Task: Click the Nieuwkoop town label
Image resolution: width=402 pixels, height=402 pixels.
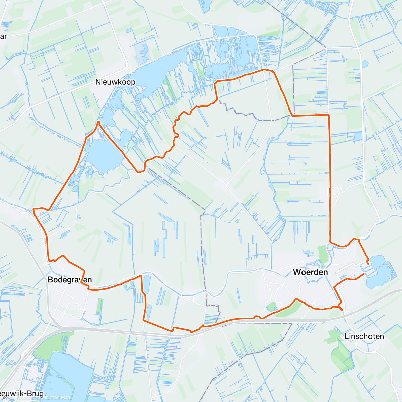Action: tap(115, 82)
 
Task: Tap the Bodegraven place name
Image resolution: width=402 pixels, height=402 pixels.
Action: tap(70, 280)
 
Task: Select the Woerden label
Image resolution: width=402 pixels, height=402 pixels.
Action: tap(311, 272)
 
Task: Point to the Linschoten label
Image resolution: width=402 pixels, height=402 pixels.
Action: tap(364, 336)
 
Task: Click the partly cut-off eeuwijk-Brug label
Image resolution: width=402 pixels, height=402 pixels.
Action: tap(22, 394)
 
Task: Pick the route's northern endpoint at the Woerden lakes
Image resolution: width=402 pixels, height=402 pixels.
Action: tap(369, 264)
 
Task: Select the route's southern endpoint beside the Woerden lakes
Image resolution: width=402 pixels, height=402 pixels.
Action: tap(364, 274)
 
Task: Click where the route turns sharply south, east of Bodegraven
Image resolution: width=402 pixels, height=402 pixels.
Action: tap(141, 276)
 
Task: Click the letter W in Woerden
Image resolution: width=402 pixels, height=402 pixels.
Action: tap(297, 272)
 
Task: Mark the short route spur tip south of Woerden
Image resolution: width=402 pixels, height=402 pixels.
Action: tap(342, 310)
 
